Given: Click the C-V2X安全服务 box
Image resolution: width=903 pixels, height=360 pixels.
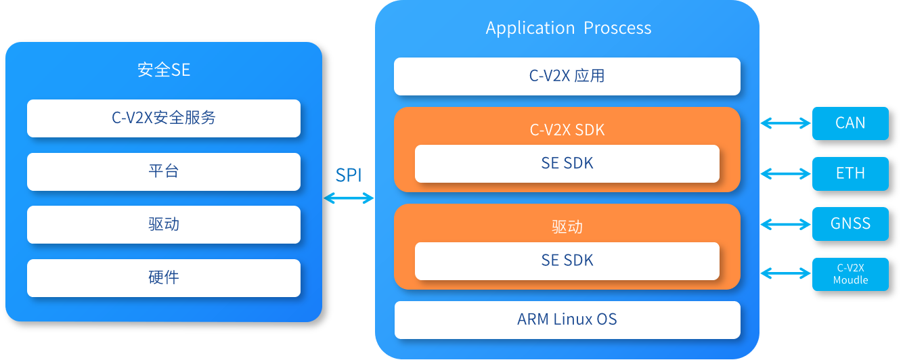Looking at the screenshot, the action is (x=164, y=118).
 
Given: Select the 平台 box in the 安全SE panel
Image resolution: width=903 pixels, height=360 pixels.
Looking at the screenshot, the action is (x=164, y=171).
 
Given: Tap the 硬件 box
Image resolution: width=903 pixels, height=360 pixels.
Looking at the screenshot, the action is (x=164, y=277).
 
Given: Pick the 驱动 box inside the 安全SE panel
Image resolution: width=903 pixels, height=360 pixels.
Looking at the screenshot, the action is (x=164, y=225).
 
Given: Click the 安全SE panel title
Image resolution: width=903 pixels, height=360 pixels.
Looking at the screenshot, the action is (x=164, y=70).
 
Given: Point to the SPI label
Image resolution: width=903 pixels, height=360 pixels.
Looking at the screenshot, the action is (x=349, y=175).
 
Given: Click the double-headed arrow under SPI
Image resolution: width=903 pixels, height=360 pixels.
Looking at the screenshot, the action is (x=349, y=198).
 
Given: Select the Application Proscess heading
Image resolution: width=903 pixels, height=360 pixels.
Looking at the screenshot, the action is (x=569, y=28).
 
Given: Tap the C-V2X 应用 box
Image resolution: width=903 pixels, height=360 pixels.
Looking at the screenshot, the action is (x=567, y=76).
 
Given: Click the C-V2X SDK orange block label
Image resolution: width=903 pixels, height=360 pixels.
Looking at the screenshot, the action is (x=567, y=130).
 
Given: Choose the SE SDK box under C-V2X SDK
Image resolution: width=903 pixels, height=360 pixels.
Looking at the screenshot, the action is (x=567, y=164).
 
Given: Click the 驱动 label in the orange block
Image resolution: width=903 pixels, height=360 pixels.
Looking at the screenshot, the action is (x=567, y=227).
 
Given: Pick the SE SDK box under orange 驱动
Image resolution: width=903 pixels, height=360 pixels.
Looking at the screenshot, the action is (x=567, y=261).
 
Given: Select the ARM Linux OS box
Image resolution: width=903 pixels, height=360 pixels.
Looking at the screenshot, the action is (x=567, y=319).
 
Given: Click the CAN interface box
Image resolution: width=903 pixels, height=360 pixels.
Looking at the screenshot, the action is (x=851, y=123).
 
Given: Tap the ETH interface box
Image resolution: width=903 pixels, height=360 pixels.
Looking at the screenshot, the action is (x=851, y=174).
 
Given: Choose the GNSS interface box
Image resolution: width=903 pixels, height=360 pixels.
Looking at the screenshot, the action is (x=851, y=224).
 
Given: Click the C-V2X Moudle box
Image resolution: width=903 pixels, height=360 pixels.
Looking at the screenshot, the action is (x=851, y=275).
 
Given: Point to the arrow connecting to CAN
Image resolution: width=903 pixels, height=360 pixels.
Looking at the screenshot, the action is (x=785, y=123).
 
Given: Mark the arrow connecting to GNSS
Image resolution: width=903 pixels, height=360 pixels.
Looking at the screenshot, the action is (x=785, y=224).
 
